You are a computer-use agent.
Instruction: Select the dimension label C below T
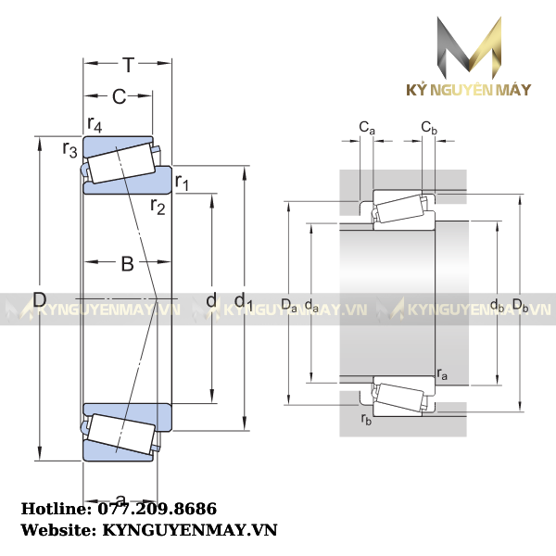coord(119,96)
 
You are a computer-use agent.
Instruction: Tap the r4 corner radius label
coord(95,123)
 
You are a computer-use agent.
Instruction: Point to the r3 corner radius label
coord(69,148)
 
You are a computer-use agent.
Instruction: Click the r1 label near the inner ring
coord(183,182)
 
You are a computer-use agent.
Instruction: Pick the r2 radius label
coord(158,206)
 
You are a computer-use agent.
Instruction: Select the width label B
coord(128,264)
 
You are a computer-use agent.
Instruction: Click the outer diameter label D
coord(39,299)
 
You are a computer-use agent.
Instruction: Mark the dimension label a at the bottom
coord(120,500)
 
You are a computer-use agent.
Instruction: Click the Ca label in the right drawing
coord(367,127)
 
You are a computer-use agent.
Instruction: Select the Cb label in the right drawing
coord(429,127)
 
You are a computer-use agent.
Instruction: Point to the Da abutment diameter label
coord(288,304)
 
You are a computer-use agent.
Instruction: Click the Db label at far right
coord(520,304)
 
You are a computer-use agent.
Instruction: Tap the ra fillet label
coord(442,374)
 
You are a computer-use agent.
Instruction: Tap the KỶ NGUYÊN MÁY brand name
coord(471,90)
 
